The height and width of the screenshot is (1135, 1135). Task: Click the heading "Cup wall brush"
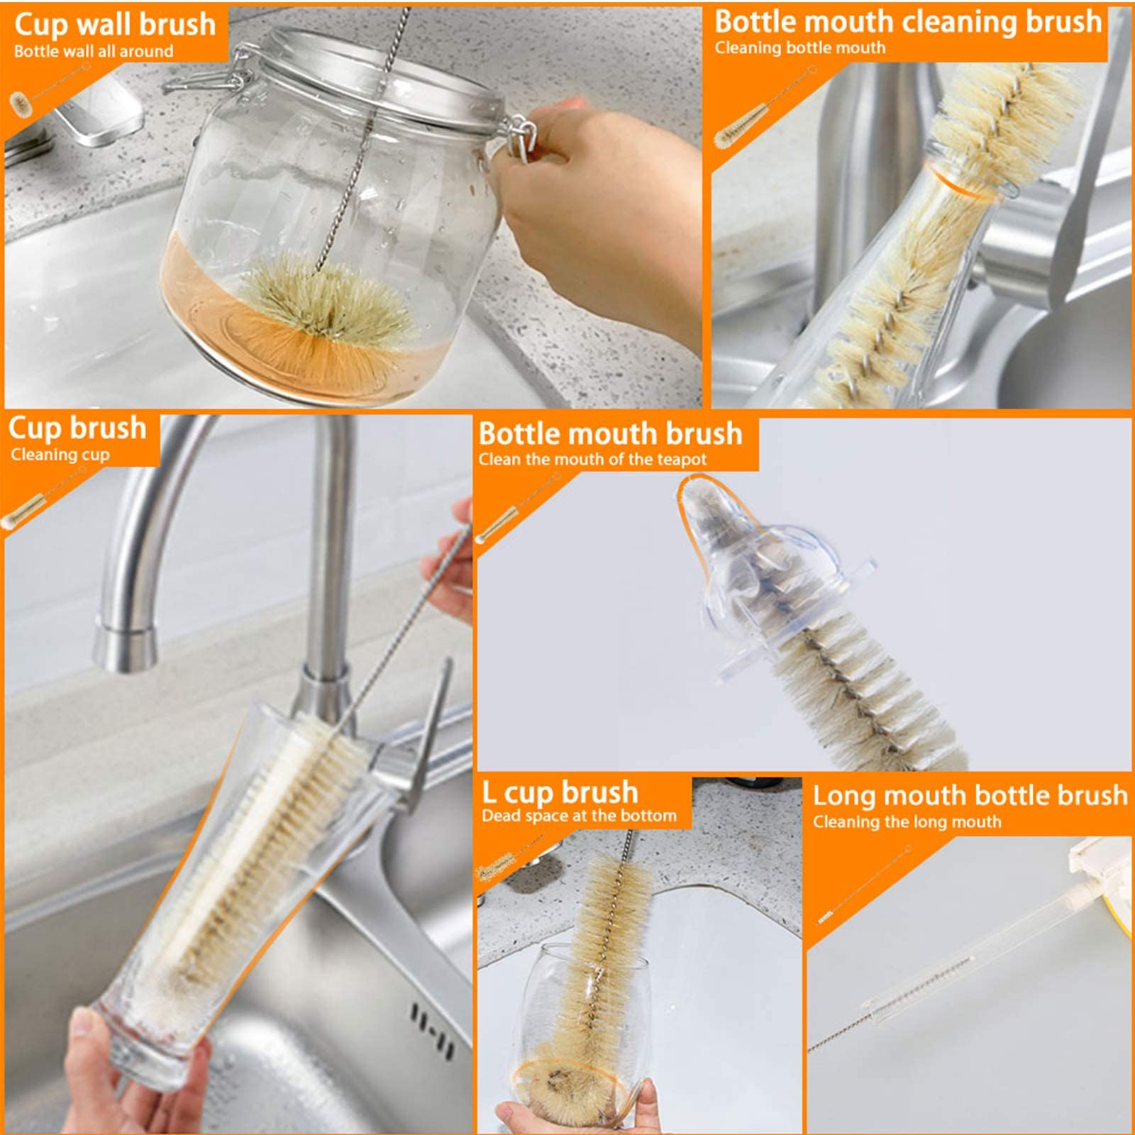[x=115, y=24]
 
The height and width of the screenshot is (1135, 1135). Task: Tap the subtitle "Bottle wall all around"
[x=94, y=51]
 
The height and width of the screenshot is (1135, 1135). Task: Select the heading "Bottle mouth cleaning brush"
[x=908, y=21]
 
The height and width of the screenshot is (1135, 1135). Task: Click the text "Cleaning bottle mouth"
[x=800, y=48]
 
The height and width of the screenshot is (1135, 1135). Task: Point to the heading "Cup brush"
[x=77, y=428]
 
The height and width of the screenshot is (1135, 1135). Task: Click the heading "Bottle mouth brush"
[x=611, y=433]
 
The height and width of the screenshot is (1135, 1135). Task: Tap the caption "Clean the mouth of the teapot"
[x=592, y=460]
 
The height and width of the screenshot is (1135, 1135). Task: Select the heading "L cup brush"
[x=560, y=792]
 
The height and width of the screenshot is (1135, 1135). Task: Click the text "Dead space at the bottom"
[x=579, y=816]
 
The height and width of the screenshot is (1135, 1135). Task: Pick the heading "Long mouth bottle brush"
[x=970, y=796]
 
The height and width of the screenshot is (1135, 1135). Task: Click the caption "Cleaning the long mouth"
[x=907, y=822]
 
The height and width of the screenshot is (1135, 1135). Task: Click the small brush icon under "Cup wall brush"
[x=50, y=89]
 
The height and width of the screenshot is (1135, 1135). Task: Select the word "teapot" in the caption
[x=681, y=460]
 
